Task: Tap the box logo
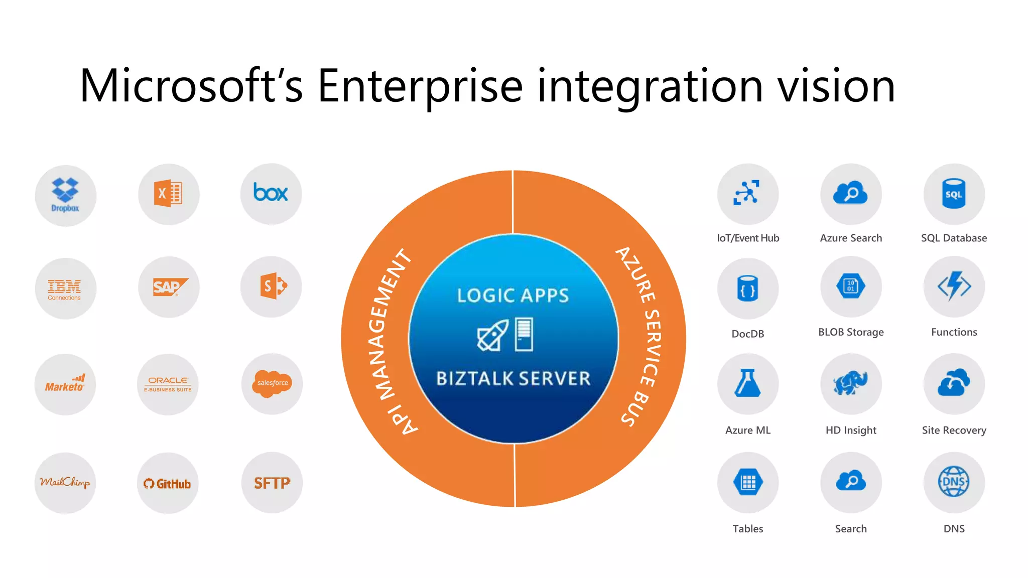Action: (x=271, y=193)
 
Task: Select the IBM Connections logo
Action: (x=65, y=289)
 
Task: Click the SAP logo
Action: (x=169, y=287)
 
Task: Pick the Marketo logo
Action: (x=65, y=384)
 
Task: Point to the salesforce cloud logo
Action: (x=273, y=383)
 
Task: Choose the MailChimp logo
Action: (x=65, y=483)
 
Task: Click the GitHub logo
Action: (x=168, y=484)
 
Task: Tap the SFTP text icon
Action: (x=272, y=483)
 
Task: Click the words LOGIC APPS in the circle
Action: (x=513, y=296)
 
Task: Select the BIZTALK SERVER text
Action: (x=513, y=378)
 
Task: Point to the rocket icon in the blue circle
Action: (x=492, y=336)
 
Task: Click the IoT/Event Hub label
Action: (x=748, y=238)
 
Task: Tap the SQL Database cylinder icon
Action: (x=954, y=194)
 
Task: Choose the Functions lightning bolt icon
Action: (x=954, y=286)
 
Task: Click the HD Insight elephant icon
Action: (x=851, y=383)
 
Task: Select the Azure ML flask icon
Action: (x=748, y=383)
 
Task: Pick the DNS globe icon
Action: (x=954, y=482)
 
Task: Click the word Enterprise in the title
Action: (x=420, y=86)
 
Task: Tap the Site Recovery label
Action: (x=954, y=430)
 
